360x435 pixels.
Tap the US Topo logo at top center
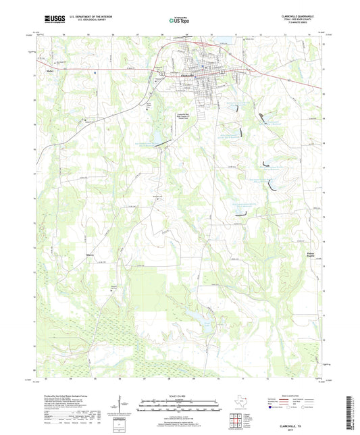click(x=178, y=21)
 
